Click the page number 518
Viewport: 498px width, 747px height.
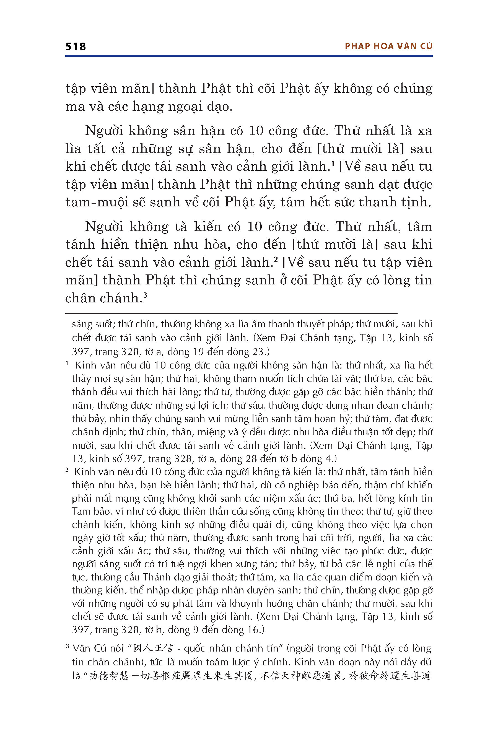(76, 47)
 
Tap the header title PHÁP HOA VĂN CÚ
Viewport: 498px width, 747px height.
(388, 46)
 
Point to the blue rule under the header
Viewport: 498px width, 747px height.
(249, 56)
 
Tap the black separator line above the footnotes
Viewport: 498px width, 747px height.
(231, 313)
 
